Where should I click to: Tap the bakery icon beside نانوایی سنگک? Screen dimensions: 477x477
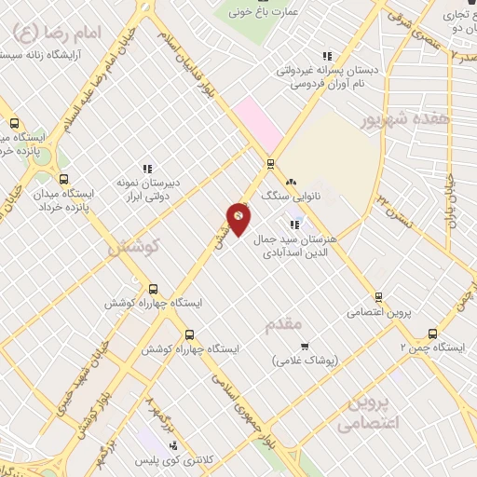(291, 182)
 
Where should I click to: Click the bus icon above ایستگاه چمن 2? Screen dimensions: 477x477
(432, 333)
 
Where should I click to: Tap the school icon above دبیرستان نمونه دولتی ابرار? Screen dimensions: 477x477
(145, 168)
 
